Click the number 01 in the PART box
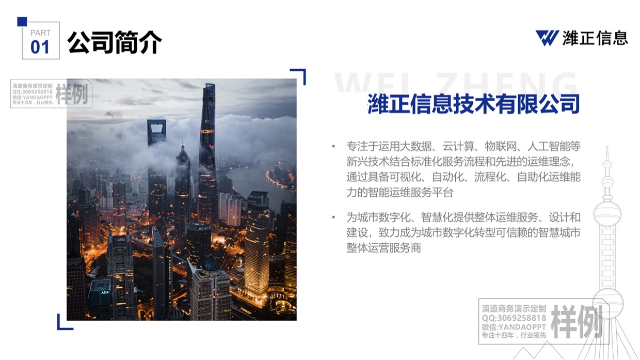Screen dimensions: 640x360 pos(40,47)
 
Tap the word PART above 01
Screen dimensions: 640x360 pos(41,33)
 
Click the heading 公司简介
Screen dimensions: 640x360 pos(115,42)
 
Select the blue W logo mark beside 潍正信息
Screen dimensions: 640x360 pos(547,38)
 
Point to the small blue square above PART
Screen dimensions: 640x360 pos(22,22)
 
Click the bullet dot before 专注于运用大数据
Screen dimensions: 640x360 pos(333,146)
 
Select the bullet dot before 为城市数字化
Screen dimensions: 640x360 pos(333,217)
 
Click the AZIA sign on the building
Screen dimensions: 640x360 pos(105,292)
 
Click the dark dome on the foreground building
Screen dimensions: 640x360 pos(211,263)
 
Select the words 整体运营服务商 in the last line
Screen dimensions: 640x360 pos(383,248)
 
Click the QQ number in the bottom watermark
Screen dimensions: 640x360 pos(514,318)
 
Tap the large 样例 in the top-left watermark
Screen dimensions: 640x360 pos(72,94)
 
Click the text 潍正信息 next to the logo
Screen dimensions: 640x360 pos(595,38)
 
